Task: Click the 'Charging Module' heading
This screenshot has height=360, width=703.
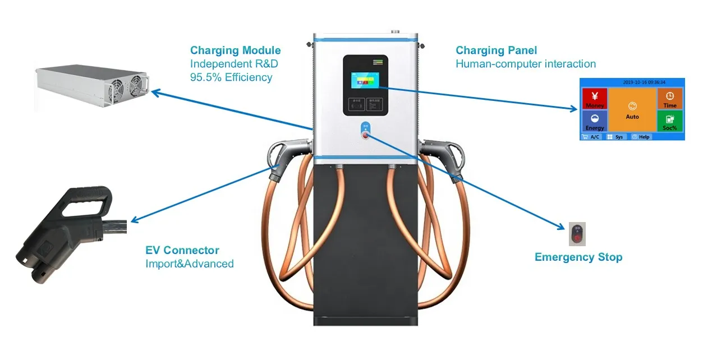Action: tap(235, 51)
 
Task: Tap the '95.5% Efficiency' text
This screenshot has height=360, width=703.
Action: tap(231, 77)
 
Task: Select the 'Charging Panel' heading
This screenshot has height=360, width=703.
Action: tap(496, 51)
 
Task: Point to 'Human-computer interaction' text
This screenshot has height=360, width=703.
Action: tap(525, 64)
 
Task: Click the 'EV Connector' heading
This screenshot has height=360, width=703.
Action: tap(182, 251)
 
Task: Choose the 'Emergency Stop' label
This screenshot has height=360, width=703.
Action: tap(578, 257)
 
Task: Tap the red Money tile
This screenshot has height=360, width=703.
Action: tap(595, 98)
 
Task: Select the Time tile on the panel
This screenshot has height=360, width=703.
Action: tap(670, 98)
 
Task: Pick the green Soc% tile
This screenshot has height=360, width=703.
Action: tap(670, 121)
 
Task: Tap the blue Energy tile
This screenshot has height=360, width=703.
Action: tap(595, 121)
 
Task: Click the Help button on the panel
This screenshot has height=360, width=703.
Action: tap(641, 137)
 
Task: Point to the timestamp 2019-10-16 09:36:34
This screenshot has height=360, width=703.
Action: tap(644, 82)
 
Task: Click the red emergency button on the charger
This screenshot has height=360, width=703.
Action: tap(366, 135)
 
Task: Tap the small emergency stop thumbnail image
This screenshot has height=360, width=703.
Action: tap(577, 234)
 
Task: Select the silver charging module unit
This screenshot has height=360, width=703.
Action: tap(93, 87)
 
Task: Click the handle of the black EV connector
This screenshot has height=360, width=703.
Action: tap(84, 202)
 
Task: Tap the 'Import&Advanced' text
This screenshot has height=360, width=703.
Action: tap(189, 264)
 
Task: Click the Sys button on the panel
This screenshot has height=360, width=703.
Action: tap(615, 137)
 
